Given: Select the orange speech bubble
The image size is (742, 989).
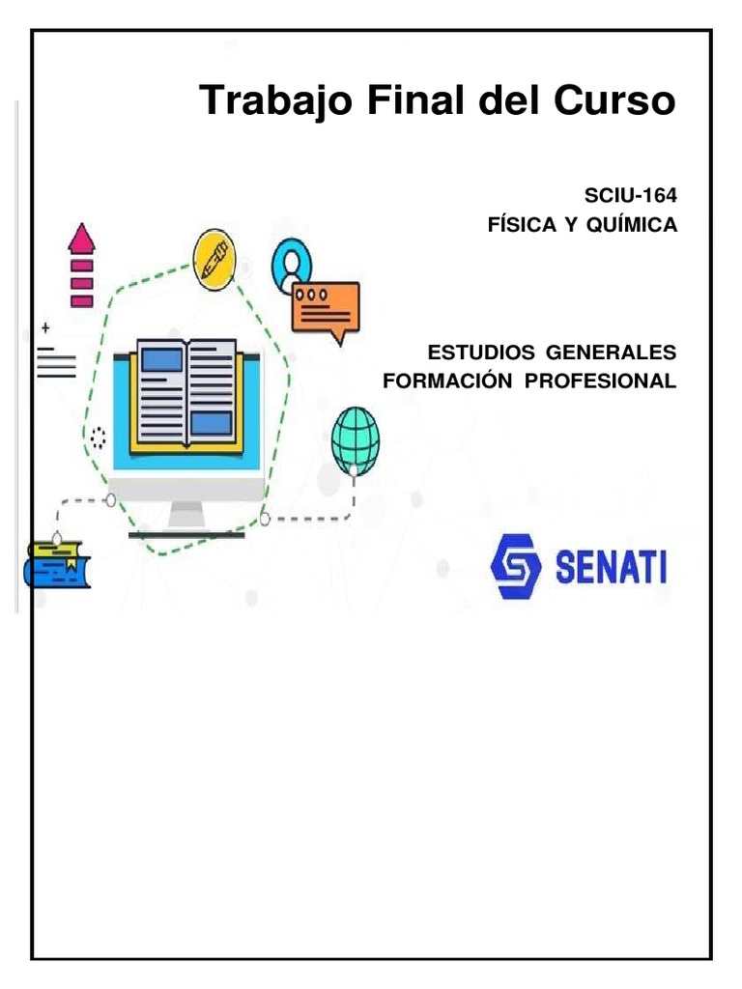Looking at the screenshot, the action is tap(326, 307).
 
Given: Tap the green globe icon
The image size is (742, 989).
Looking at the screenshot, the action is tap(356, 439).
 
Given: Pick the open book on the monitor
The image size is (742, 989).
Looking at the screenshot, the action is tap(186, 392).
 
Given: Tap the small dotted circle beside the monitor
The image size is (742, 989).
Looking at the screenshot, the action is tap(98, 438).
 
